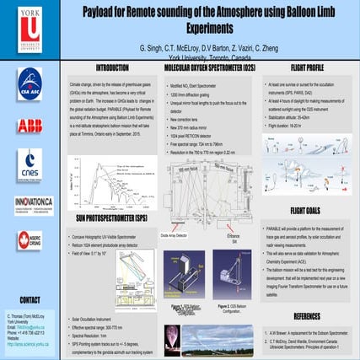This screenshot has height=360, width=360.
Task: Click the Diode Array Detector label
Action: click(x=180, y=236)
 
